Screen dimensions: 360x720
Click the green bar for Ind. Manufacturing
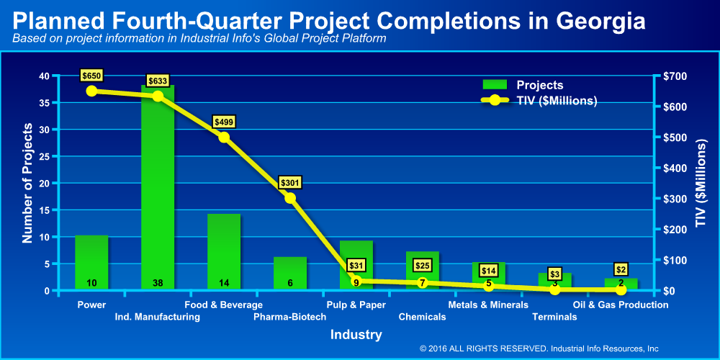tap(158, 187)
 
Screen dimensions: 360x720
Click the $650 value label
tap(91, 75)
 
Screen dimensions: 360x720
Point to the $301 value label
tap(290, 182)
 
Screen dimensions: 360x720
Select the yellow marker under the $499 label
tap(224, 137)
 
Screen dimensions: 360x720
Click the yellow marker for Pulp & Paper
tap(356, 281)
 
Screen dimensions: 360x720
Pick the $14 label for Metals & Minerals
tap(489, 271)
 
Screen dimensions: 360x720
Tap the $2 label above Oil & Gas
tap(621, 269)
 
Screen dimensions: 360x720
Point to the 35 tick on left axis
tap(45, 103)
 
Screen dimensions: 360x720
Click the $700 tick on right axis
tap(675, 76)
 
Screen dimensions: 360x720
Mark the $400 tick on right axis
tap(675, 168)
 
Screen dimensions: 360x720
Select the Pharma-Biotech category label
tap(290, 317)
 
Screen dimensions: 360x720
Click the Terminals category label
tap(554, 317)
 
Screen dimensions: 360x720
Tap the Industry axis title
tap(356, 335)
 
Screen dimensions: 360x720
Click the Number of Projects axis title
tap(27, 183)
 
